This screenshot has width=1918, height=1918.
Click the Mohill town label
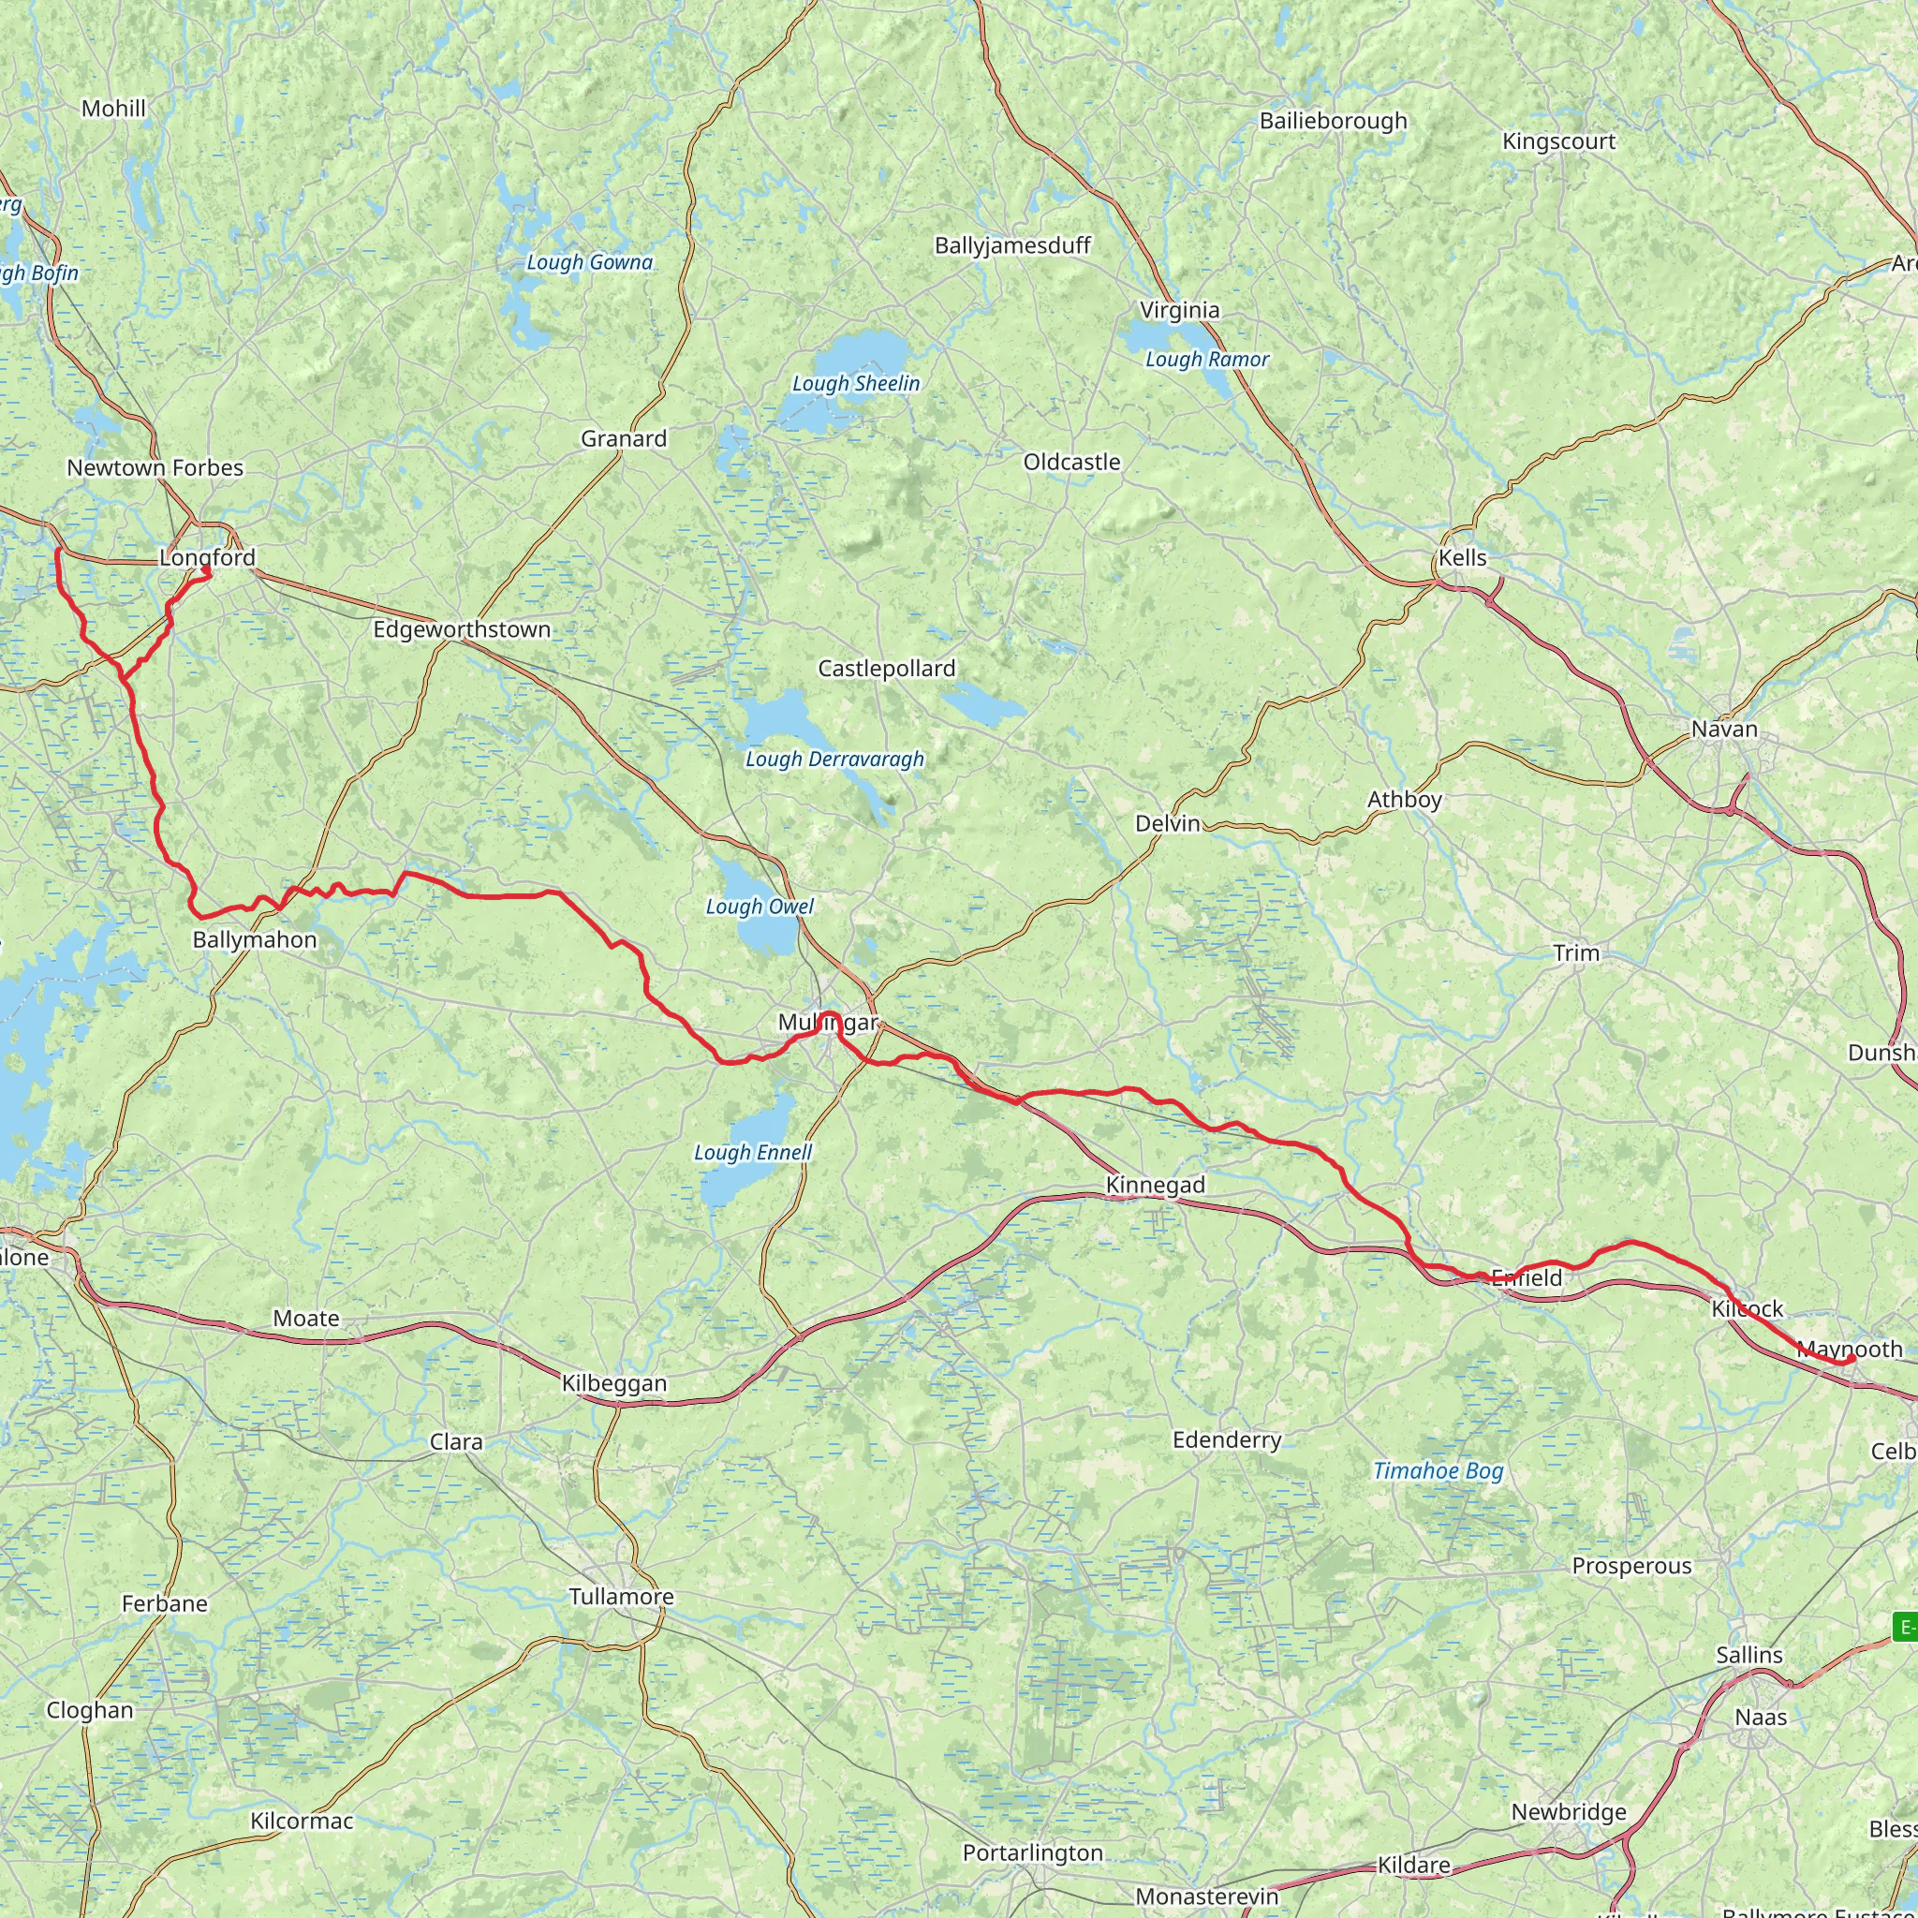click(x=113, y=109)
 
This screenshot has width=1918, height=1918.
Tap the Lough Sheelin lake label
click(x=856, y=383)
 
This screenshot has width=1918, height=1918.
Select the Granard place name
click(x=624, y=439)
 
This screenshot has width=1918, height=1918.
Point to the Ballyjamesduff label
click(x=1012, y=245)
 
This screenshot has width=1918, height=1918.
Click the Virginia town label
click(x=1179, y=310)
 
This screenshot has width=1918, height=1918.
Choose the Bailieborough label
click(x=1334, y=121)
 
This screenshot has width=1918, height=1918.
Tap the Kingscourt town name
click(x=1558, y=141)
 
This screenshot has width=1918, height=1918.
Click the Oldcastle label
click(x=1072, y=462)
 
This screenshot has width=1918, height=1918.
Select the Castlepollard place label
click(x=887, y=668)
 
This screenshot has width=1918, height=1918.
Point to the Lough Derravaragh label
click(x=834, y=760)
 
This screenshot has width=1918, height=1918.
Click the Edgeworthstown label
click(x=462, y=629)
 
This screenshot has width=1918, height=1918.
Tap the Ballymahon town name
click(x=255, y=939)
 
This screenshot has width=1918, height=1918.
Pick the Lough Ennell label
click(x=753, y=1153)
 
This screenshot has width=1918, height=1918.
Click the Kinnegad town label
click(x=1156, y=1185)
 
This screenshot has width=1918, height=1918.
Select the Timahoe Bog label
click(x=1438, y=1471)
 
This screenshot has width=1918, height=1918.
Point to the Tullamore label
click(x=622, y=1597)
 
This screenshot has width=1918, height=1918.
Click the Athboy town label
click(x=1405, y=799)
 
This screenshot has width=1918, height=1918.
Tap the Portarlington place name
click(x=1032, y=1853)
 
